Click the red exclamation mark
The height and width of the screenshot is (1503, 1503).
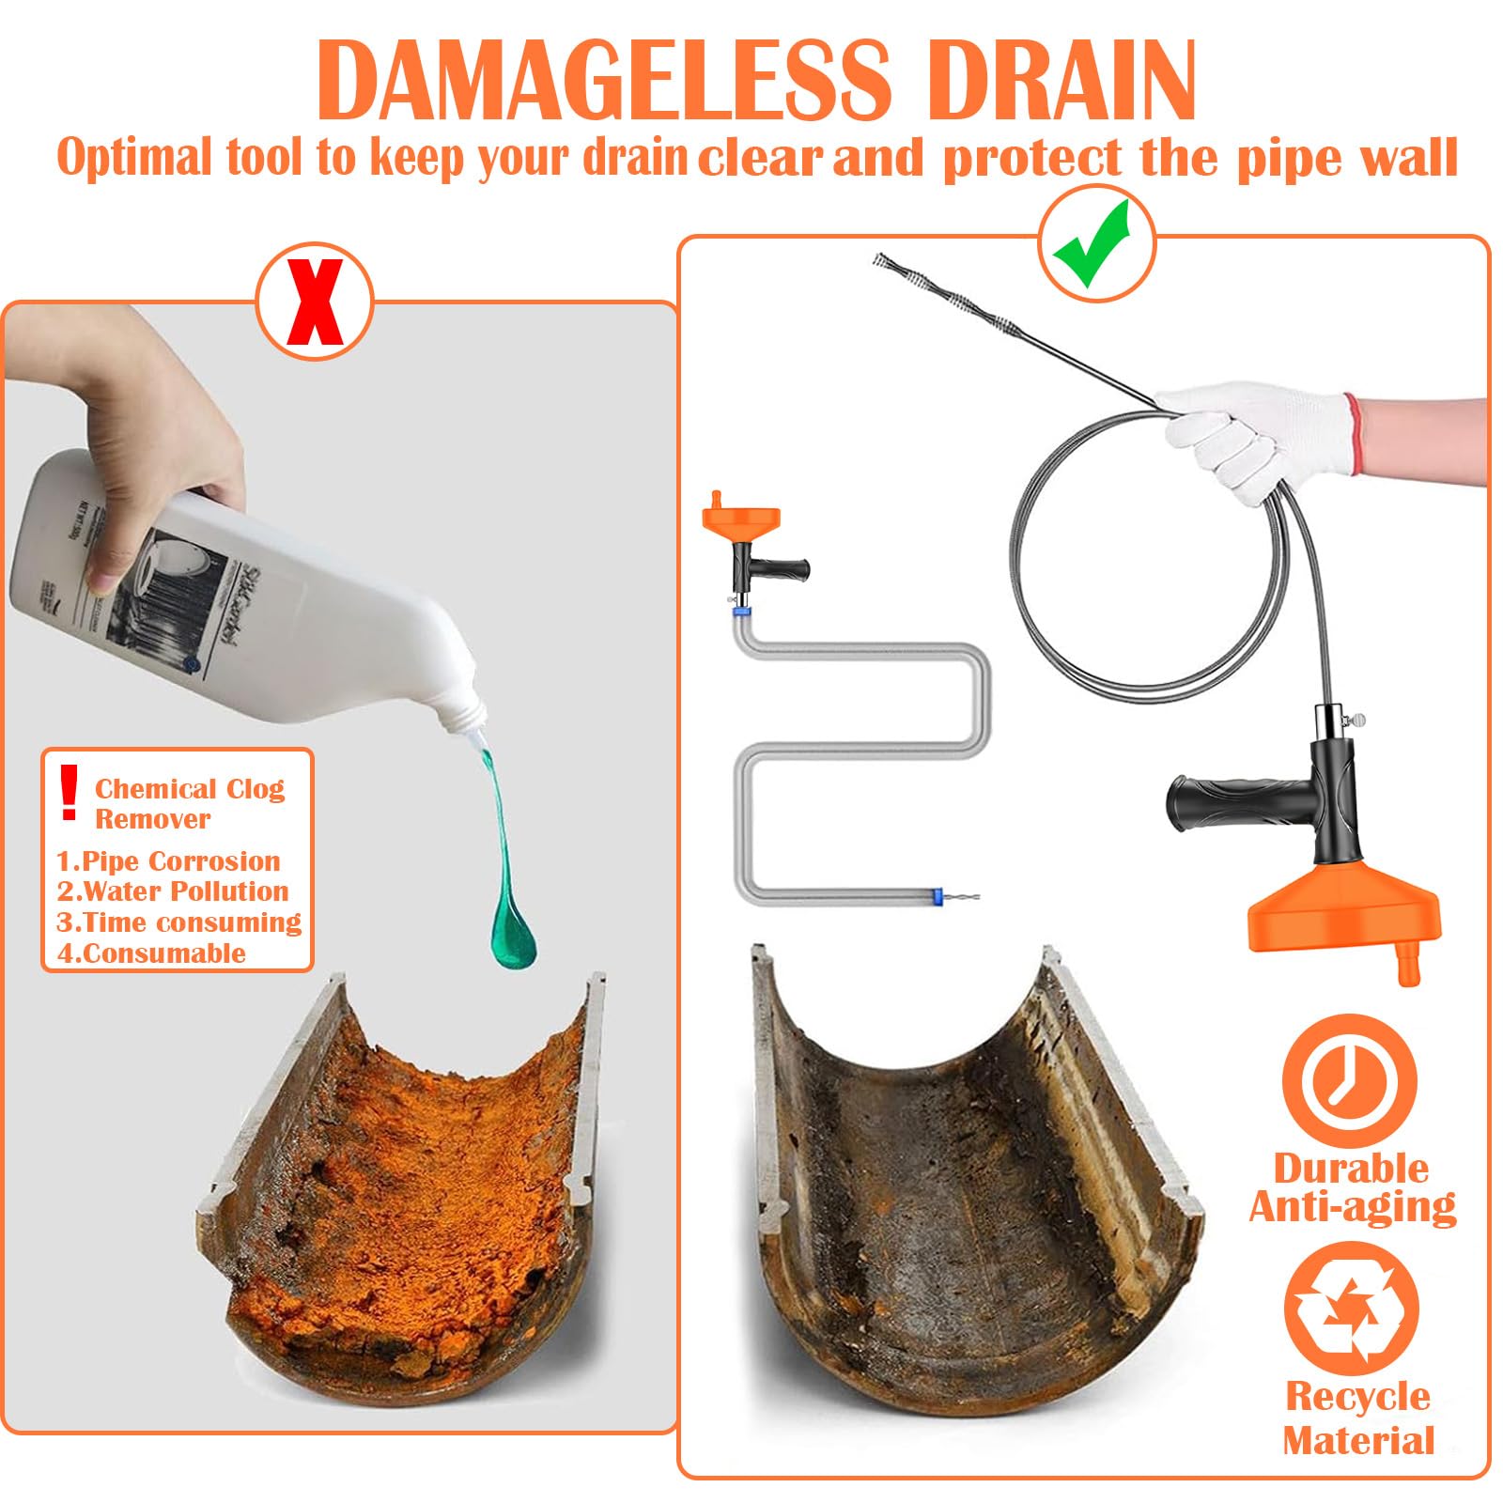click(x=69, y=791)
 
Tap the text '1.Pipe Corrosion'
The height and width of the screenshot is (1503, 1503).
click(x=169, y=860)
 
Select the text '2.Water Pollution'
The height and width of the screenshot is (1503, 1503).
click(x=173, y=891)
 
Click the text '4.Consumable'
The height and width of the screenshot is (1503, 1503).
click(x=152, y=953)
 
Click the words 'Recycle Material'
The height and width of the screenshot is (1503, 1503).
click(x=1358, y=1418)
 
